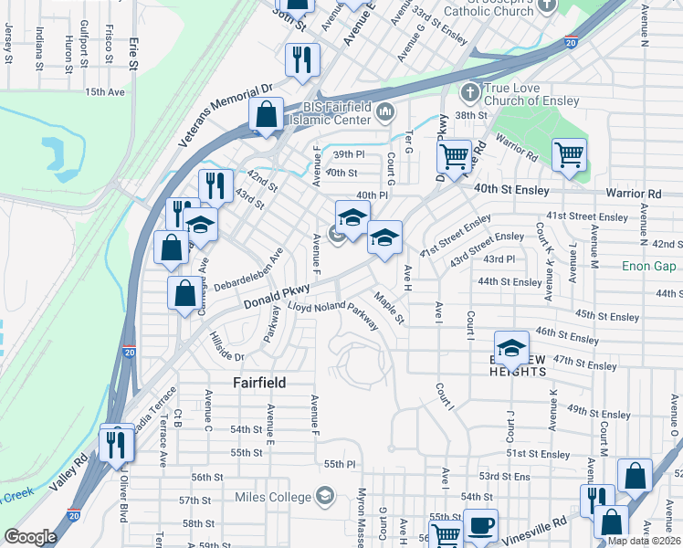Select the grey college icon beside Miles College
[323, 496]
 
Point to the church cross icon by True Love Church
[469, 92]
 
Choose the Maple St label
[388, 307]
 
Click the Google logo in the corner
[30, 537]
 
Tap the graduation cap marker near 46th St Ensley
[511, 346]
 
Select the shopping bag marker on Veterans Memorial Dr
[266, 115]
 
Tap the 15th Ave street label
[103, 92]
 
